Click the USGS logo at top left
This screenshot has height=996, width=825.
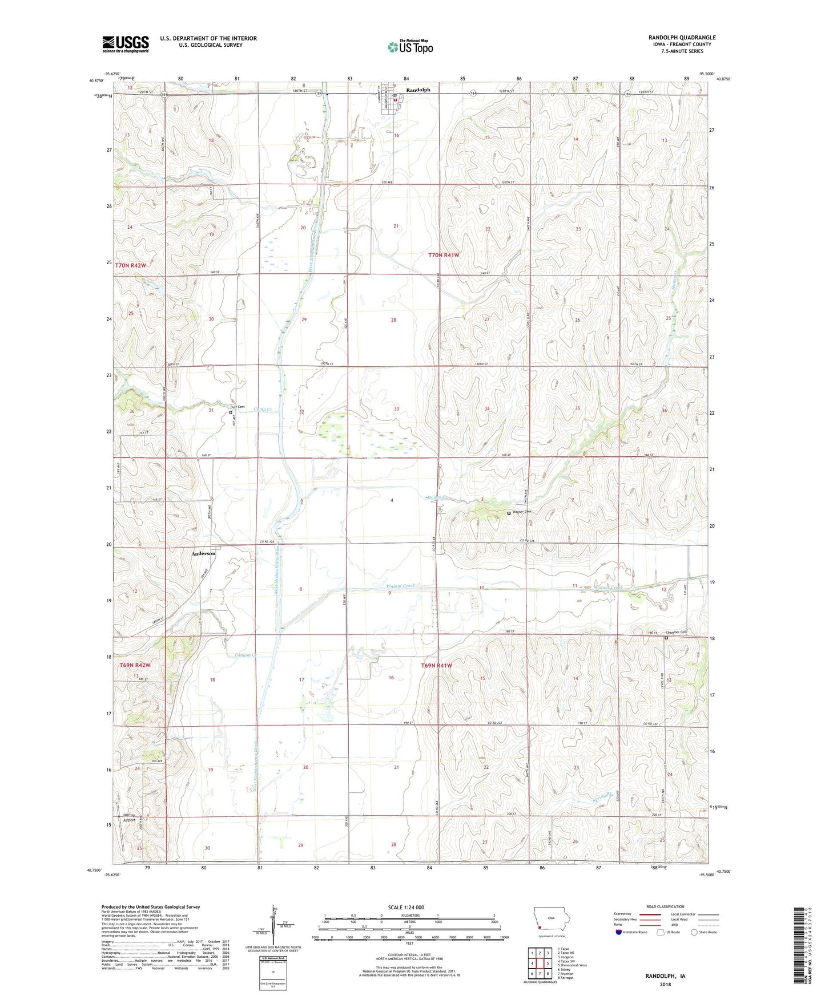tap(125, 43)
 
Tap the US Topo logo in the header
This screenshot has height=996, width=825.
tap(410, 47)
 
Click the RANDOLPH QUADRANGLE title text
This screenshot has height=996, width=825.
tap(682, 38)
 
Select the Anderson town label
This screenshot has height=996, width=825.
tap(203, 553)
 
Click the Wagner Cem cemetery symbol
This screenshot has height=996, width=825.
tap(509, 513)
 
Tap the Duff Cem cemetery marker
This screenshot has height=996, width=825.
tap(231, 412)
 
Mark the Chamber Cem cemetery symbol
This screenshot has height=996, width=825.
tap(666, 638)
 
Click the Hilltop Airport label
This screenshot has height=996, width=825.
tap(129, 818)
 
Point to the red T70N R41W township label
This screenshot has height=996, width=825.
tap(444, 256)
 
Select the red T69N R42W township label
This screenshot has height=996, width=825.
tap(135, 665)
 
